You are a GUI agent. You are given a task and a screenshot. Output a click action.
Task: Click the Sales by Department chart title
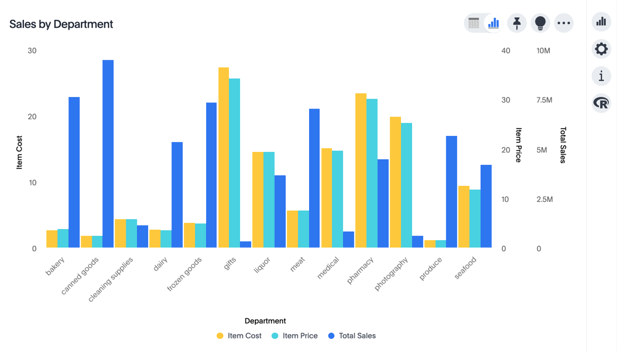pos(61,24)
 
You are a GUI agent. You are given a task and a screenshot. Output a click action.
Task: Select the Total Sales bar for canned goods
pos(108,154)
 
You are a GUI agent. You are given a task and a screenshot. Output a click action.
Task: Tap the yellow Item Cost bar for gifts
pos(223,157)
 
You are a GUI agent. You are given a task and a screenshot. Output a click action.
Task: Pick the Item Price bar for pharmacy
pos(371,173)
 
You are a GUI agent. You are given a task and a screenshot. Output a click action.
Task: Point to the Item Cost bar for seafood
pos(463,217)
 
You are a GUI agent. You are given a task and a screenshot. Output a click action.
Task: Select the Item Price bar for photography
pos(406,185)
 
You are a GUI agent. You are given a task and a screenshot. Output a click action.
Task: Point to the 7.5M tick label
pos(545,100)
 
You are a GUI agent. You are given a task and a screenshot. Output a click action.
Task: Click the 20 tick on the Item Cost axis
pos(32,117)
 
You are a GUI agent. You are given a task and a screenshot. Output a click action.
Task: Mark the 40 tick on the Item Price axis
pos(506,51)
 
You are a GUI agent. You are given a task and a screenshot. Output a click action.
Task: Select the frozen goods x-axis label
pos(185,274)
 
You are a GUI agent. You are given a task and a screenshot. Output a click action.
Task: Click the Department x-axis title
pos(265,321)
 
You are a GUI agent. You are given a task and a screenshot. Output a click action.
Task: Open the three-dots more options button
pos(563,23)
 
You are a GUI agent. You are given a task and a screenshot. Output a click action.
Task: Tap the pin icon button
pos(516,23)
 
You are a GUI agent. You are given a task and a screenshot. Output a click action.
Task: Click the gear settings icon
pos(601,49)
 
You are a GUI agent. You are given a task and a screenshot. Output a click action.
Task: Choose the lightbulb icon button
pos(540,23)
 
